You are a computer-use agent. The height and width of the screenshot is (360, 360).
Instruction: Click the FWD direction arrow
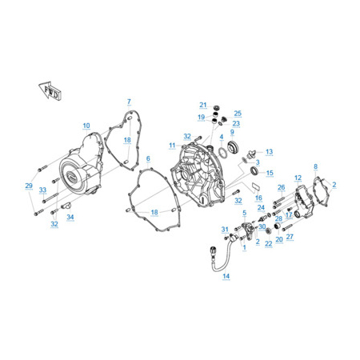(x=50, y=90)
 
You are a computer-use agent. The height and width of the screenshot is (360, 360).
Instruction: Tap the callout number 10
(x=86, y=126)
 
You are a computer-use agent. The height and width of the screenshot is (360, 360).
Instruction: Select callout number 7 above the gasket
(x=129, y=102)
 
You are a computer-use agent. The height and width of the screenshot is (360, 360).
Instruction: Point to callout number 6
(x=148, y=158)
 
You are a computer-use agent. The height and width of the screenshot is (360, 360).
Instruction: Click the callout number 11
(x=172, y=146)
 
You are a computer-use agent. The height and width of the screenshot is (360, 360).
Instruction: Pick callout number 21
(x=203, y=105)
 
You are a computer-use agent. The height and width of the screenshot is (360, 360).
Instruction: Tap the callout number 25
(x=238, y=114)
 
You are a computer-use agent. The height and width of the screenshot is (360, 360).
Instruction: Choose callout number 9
(x=232, y=132)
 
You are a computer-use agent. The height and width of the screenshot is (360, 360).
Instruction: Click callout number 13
(x=270, y=152)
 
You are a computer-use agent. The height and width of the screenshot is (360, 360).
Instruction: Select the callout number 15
(x=270, y=173)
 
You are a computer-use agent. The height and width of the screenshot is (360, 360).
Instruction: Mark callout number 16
(x=258, y=198)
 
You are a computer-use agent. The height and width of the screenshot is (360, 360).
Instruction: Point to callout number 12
(x=298, y=178)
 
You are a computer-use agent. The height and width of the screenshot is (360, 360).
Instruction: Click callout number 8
(x=315, y=166)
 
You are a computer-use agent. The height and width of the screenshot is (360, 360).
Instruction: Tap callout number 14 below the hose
(x=226, y=276)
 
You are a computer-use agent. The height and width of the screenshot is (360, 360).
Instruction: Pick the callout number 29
(x=29, y=186)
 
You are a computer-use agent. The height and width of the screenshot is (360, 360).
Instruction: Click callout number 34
(x=70, y=217)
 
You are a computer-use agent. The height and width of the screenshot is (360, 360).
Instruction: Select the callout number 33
(x=42, y=190)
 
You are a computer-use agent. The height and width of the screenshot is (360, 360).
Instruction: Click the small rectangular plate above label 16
(x=255, y=186)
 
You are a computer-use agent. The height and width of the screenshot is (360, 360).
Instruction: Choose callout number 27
(x=290, y=237)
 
